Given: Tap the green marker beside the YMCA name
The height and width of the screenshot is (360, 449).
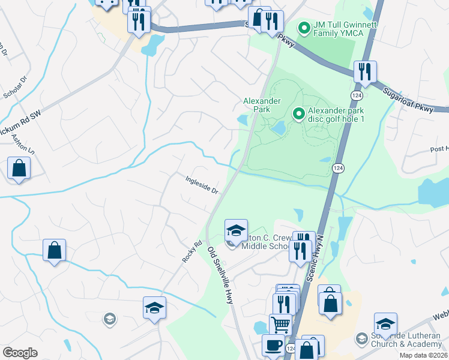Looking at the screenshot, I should (304, 28).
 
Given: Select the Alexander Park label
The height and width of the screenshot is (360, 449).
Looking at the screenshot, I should (257, 105).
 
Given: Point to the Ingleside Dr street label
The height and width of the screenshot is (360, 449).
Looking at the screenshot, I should (200, 184).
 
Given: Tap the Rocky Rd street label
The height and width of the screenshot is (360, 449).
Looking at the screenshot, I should (191, 251).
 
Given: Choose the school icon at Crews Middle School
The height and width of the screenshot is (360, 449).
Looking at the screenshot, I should (236, 230).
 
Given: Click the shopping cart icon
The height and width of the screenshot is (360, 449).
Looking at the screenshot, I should (280, 325).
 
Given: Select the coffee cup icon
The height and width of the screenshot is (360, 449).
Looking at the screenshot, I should (273, 345).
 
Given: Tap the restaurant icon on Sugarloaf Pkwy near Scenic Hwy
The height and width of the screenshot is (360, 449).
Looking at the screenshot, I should (364, 71).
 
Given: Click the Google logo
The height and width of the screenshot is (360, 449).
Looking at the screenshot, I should (20, 353).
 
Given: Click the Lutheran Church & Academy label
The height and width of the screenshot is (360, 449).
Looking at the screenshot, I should (400, 340).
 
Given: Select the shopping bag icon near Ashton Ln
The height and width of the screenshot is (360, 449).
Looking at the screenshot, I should (19, 167).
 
